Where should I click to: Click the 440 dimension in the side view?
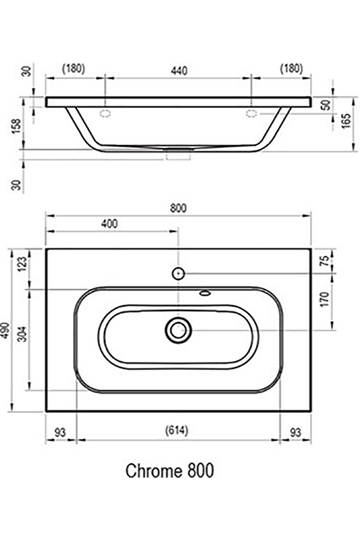(x=178, y=70)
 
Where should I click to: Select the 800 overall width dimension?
(x=178, y=208)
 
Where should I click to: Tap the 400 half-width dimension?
(x=109, y=223)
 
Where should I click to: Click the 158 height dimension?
(x=18, y=126)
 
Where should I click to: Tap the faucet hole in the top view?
(x=178, y=273)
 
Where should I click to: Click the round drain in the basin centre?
(x=178, y=329)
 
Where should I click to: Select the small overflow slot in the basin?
(x=205, y=294)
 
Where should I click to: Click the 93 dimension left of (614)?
(x=61, y=431)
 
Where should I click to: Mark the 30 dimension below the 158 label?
(x=18, y=182)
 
